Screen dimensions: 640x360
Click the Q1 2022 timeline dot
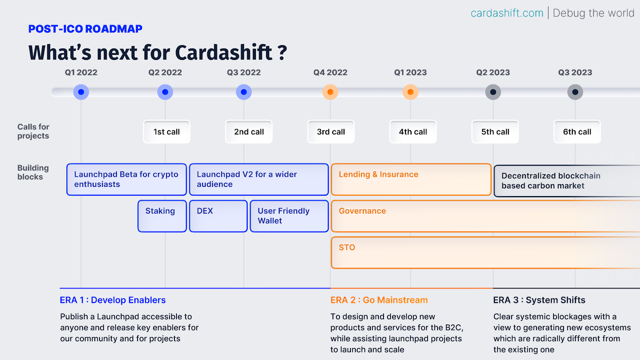click(x=81, y=92)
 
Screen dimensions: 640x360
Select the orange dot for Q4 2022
click(x=330, y=92)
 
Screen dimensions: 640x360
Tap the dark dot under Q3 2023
click(x=575, y=92)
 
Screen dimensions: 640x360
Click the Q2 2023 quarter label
click(x=493, y=72)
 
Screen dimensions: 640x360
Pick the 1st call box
click(x=166, y=132)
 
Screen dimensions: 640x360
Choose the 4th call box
click(x=413, y=132)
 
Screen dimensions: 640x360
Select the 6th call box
click(x=577, y=132)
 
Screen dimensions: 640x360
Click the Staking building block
click(x=162, y=216)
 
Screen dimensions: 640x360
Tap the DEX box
click(x=218, y=216)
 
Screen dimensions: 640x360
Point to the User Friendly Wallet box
click(x=289, y=216)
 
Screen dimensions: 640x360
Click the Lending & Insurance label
click(x=378, y=174)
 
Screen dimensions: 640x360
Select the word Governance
click(x=362, y=211)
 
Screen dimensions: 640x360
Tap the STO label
click(x=347, y=248)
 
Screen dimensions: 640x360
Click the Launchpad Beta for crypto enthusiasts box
click(x=126, y=180)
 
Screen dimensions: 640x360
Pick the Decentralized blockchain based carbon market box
click(x=567, y=181)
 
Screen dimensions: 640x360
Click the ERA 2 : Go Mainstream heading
click(x=379, y=300)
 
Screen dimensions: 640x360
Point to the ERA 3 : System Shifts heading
click(x=539, y=300)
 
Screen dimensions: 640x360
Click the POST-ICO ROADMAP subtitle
click(x=85, y=29)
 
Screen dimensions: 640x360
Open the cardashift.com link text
click(x=507, y=13)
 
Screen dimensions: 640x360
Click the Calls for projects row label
click(x=33, y=131)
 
